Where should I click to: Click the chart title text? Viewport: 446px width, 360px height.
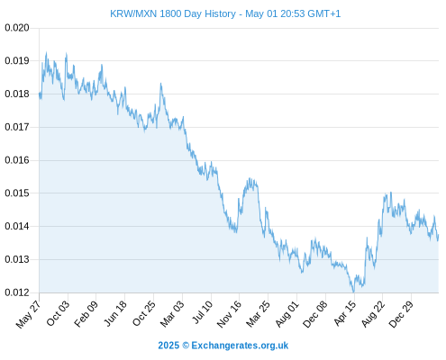click(x=225, y=13)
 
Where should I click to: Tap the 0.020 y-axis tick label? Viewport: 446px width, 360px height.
click(x=17, y=28)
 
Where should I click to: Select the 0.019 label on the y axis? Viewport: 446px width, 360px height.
click(x=17, y=61)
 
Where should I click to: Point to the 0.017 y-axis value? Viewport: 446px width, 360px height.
click(x=17, y=127)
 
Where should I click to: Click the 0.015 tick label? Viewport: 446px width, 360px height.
click(x=17, y=193)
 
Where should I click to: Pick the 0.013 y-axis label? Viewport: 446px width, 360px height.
click(x=17, y=259)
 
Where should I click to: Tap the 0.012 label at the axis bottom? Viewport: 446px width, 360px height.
click(x=17, y=292)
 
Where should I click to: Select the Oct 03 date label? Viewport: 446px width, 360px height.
click(x=58, y=313)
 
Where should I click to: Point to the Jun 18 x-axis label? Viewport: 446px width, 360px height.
click(x=115, y=313)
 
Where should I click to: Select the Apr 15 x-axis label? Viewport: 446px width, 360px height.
click(x=344, y=313)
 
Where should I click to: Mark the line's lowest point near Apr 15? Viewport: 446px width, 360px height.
click(x=353, y=292)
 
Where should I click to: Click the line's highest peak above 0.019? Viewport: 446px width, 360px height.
click(x=46, y=52)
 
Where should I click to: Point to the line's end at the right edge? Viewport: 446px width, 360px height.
click(x=438, y=235)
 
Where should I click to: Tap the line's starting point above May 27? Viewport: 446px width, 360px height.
click(x=40, y=94)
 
